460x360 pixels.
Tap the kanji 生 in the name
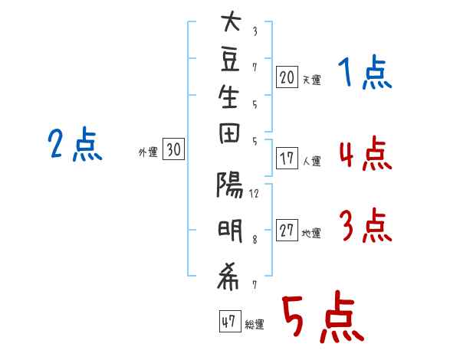click(230, 103)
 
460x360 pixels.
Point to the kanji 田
click(230, 142)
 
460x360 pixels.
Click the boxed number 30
click(173, 150)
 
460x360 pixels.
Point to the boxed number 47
click(228, 322)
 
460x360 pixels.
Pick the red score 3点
click(365, 227)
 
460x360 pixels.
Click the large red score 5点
click(322, 319)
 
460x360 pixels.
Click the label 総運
click(255, 325)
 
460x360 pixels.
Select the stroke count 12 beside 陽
click(254, 193)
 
